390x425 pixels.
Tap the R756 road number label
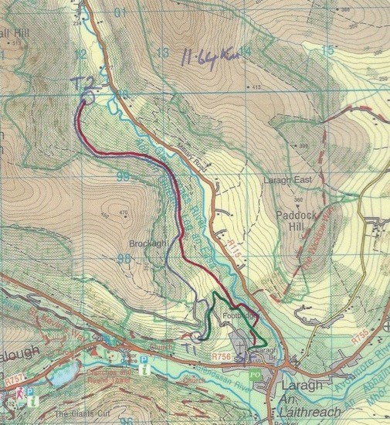tap(219, 357)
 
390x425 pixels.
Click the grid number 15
tap(327, 50)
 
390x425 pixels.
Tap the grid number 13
tap(161, 53)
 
